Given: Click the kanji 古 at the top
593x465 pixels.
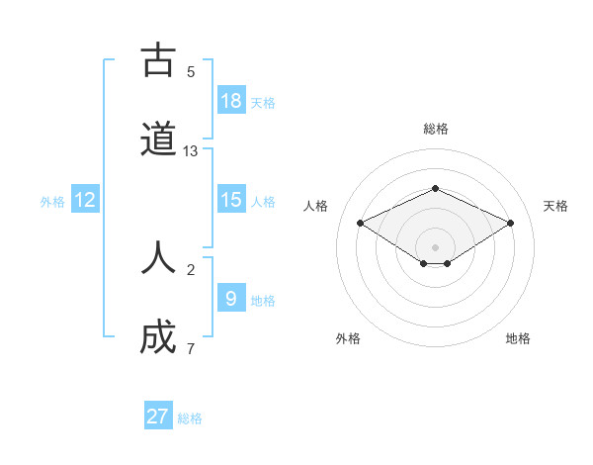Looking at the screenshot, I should coord(158,61).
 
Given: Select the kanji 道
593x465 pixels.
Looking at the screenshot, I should coord(158,141).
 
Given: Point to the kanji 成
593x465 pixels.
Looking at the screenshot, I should coord(158,338).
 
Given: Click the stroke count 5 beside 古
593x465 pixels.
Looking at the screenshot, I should coord(191,71).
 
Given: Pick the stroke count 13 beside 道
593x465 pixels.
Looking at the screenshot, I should coord(191,151).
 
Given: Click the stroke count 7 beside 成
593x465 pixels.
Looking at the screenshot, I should coord(191,348).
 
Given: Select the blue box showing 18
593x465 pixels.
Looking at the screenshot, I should coord(231,101).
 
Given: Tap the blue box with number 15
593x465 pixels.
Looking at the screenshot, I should coord(231,200).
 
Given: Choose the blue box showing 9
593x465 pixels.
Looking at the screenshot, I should coord(231,298).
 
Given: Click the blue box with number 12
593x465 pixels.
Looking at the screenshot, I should coord(85,200).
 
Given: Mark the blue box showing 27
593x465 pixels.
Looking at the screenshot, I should coord(158,417).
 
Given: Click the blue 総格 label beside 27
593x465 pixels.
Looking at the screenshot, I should coord(190,418).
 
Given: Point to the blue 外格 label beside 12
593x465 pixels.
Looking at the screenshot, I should coord(52,202).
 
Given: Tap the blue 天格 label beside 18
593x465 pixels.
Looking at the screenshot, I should coord(263,103).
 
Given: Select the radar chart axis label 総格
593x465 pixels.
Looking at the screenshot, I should coord(435,129).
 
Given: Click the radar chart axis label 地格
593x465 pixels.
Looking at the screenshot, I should coord(518,338).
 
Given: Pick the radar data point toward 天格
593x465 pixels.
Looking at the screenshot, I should coord(510,223).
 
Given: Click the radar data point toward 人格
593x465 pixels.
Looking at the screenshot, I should coord(361,223).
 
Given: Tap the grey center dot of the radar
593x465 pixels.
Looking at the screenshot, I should coord(435,246).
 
